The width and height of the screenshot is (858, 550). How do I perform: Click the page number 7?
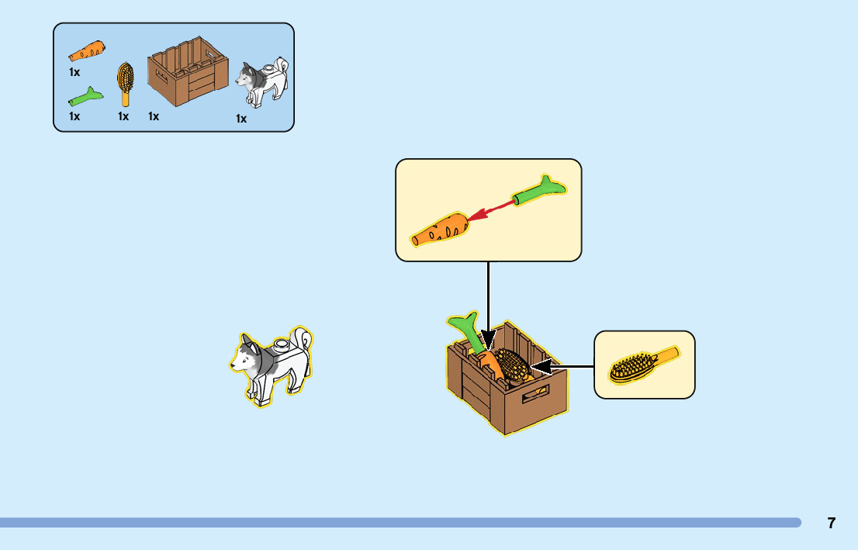[x=831, y=523]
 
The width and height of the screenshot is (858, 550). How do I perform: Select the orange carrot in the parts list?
[x=87, y=51]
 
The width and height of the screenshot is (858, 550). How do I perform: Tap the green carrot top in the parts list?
[x=85, y=98]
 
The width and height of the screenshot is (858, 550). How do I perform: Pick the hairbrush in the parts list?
[x=124, y=84]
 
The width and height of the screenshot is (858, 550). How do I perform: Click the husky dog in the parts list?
[x=262, y=81]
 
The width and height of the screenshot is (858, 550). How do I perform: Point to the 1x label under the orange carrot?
[x=74, y=72]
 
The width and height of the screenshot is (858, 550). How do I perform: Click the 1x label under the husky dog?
[x=241, y=119]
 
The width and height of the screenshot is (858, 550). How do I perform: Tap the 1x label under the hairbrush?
[x=123, y=116]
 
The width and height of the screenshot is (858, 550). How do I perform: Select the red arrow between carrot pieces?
[x=493, y=209]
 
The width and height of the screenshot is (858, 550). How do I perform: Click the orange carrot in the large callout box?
[x=440, y=230]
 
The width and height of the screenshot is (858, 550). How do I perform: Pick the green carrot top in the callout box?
[x=538, y=191]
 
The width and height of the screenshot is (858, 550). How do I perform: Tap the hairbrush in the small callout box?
[x=643, y=364]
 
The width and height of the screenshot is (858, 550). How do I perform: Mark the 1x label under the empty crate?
[x=154, y=116]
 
